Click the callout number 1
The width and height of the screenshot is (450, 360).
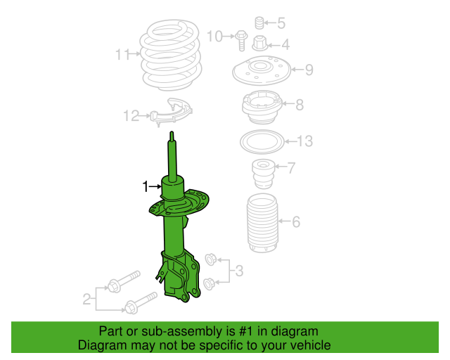[x=146, y=186]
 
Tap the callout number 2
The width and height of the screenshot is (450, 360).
[x=86, y=300]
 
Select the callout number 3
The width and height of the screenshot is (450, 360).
[x=239, y=271]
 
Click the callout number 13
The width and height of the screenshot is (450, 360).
[x=304, y=141]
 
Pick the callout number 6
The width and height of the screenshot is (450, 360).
[x=296, y=222]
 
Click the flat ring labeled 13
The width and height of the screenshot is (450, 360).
[x=263, y=143]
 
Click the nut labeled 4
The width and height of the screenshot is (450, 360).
[x=261, y=44]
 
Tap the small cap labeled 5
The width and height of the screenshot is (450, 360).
[x=258, y=22]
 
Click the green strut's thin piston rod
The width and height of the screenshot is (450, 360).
[x=172, y=155]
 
